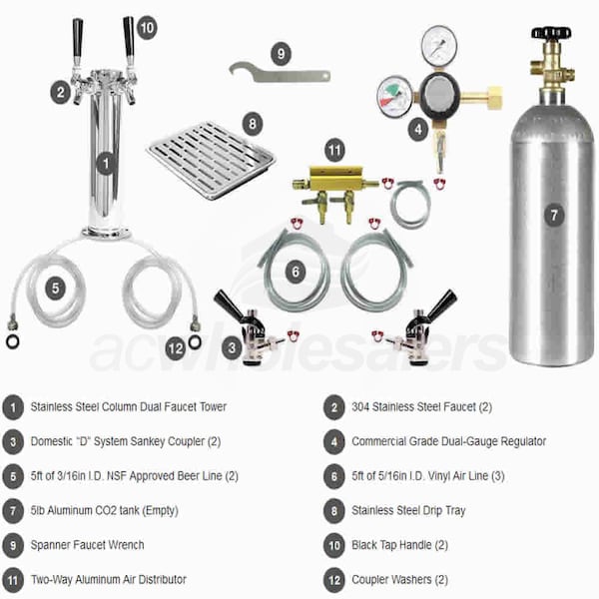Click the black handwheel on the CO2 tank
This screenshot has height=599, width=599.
click(x=551, y=32)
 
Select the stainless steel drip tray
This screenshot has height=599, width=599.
click(x=212, y=161)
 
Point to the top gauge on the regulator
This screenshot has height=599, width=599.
click(x=439, y=44)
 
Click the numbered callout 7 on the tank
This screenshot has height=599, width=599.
click(x=554, y=215)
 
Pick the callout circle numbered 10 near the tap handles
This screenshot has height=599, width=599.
click(x=147, y=28)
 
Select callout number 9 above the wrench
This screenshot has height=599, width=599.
click(x=282, y=54)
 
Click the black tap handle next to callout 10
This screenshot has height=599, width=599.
click(x=129, y=41)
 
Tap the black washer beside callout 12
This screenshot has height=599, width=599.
click(x=195, y=341)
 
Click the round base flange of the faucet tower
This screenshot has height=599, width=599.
click(x=107, y=233)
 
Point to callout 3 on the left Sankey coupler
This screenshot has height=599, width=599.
click(x=232, y=348)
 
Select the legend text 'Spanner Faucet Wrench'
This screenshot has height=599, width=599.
click(x=88, y=545)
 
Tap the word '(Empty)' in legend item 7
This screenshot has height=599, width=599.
click(x=160, y=510)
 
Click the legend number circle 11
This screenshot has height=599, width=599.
click(x=13, y=580)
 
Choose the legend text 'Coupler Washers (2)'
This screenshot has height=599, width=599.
click(x=399, y=579)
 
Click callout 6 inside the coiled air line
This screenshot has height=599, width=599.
click(x=296, y=272)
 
